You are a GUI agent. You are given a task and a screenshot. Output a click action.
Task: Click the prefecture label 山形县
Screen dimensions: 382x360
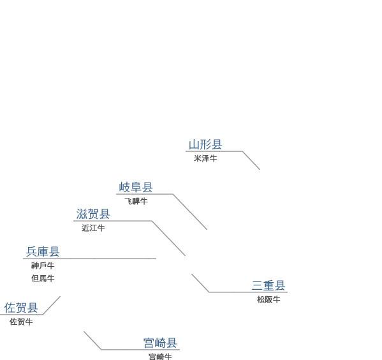[205, 144]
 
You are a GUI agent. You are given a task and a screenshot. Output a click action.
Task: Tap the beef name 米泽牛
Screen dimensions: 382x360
[205, 158]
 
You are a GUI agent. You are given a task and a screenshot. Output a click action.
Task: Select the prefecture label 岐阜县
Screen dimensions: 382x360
[136, 187]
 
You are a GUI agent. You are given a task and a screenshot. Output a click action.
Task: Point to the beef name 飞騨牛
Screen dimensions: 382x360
[136, 201]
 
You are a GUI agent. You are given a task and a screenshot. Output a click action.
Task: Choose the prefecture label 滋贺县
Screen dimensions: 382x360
[93, 214]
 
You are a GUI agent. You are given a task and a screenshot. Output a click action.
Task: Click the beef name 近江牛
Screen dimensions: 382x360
[93, 228]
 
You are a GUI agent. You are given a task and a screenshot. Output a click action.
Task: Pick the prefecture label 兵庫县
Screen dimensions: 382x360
[43, 251]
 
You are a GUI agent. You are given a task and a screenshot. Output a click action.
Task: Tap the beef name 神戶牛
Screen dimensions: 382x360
[43, 266]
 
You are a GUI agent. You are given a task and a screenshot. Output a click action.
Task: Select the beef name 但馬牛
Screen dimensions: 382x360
[43, 278]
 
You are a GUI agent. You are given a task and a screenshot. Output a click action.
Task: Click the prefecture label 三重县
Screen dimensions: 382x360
[268, 285]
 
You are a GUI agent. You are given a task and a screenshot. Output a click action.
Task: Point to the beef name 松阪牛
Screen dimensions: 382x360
[268, 299]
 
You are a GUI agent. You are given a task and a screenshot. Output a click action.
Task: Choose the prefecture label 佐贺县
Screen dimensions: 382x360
[21, 308]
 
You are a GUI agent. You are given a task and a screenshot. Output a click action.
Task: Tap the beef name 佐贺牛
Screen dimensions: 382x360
[21, 322]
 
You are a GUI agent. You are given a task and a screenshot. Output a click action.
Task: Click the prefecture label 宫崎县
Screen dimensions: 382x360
[160, 343]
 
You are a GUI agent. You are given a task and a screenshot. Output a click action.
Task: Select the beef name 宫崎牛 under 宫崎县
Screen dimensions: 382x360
[160, 357]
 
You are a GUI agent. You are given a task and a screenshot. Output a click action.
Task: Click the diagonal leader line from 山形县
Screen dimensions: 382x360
[251, 160]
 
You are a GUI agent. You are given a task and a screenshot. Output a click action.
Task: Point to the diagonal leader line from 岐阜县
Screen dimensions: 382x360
[190, 212]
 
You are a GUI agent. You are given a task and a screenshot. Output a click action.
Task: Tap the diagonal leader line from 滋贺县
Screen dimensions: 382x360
[168, 238]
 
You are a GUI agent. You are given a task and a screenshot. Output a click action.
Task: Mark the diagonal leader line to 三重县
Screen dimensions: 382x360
[200, 283]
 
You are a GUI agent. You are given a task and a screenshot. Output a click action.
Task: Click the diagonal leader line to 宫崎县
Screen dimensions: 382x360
[92, 340]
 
